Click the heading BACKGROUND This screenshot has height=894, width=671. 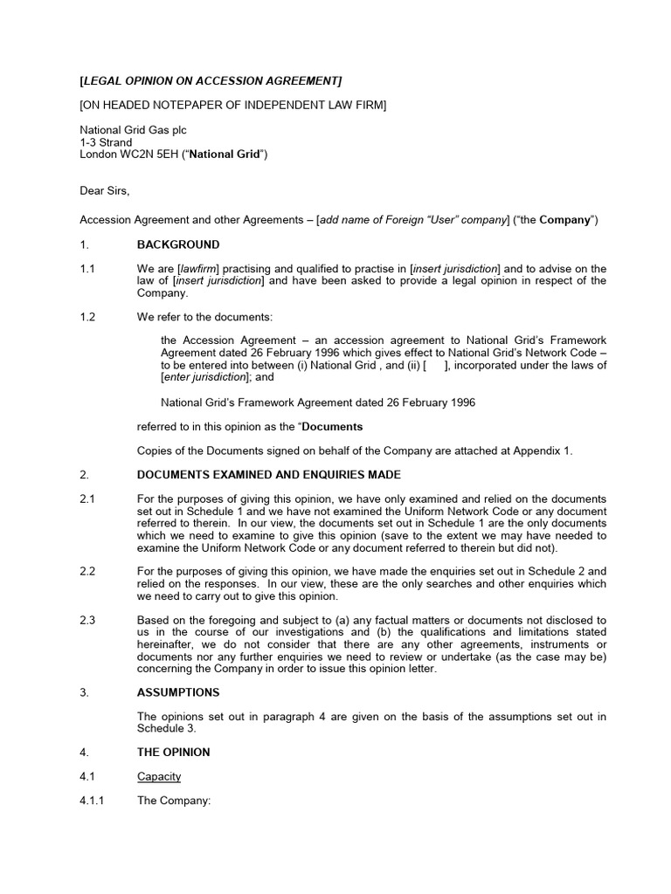click(x=178, y=244)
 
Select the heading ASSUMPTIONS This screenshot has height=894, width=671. click(x=178, y=691)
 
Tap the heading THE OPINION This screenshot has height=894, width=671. click(x=173, y=752)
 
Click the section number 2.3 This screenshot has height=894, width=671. click(x=87, y=620)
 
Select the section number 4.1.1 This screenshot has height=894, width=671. click(x=93, y=801)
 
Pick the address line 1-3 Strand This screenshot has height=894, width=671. click(x=106, y=142)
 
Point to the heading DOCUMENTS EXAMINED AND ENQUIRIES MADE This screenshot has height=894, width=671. click(x=269, y=475)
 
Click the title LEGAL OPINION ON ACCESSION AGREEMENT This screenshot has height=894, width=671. click(x=211, y=81)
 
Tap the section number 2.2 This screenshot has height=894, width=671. click(x=87, y=571)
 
